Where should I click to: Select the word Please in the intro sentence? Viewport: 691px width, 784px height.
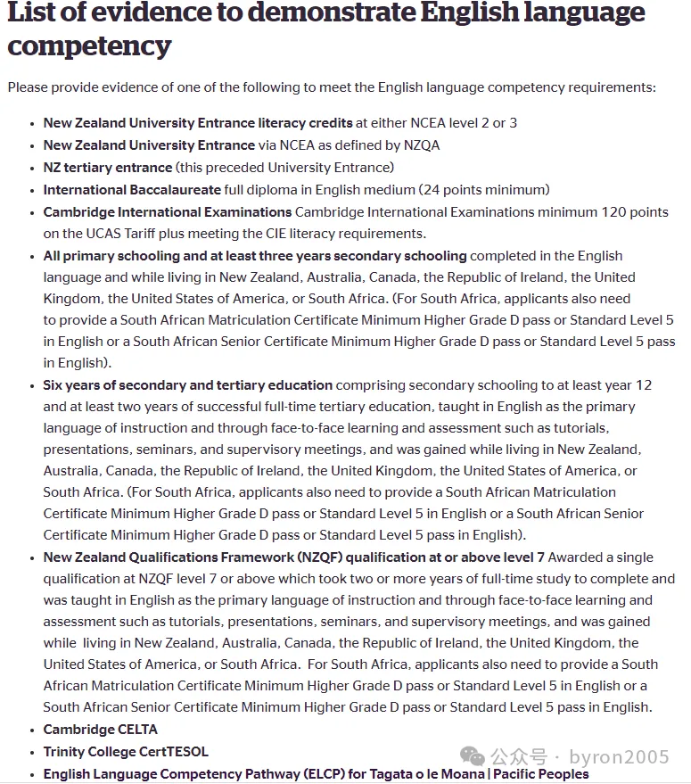pos(28,87)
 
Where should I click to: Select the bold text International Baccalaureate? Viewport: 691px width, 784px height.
pos(132,189)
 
